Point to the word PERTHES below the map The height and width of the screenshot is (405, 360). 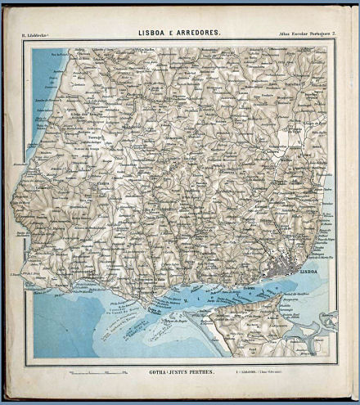[x=205, y=373]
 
